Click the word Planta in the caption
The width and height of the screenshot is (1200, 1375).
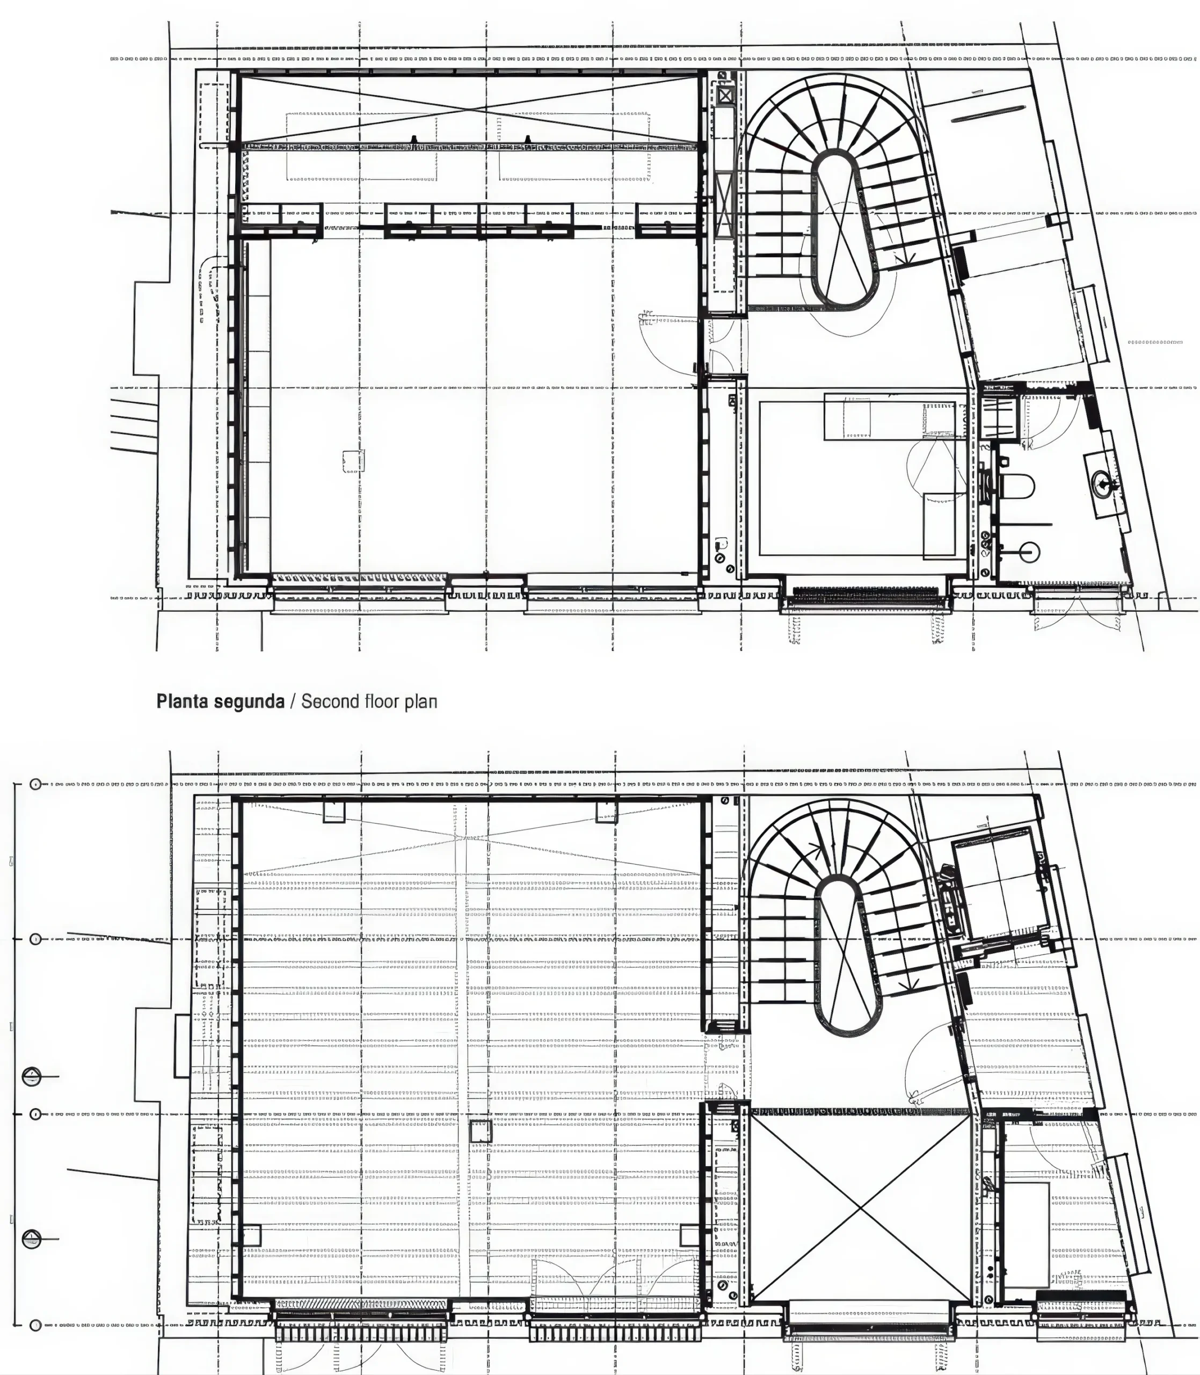[181, 701]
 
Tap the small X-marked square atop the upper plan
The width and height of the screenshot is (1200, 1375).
[725, 96]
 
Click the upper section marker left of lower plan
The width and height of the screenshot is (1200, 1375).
[32, 1076]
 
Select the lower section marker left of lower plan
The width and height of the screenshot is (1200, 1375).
[32, 1239]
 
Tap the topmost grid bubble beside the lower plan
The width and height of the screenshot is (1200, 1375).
[35, 784]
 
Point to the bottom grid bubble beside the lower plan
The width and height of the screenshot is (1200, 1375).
[35, 1326]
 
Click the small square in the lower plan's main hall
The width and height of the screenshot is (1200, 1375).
[480, 1131]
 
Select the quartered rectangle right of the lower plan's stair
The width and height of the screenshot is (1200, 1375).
[999, 881]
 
